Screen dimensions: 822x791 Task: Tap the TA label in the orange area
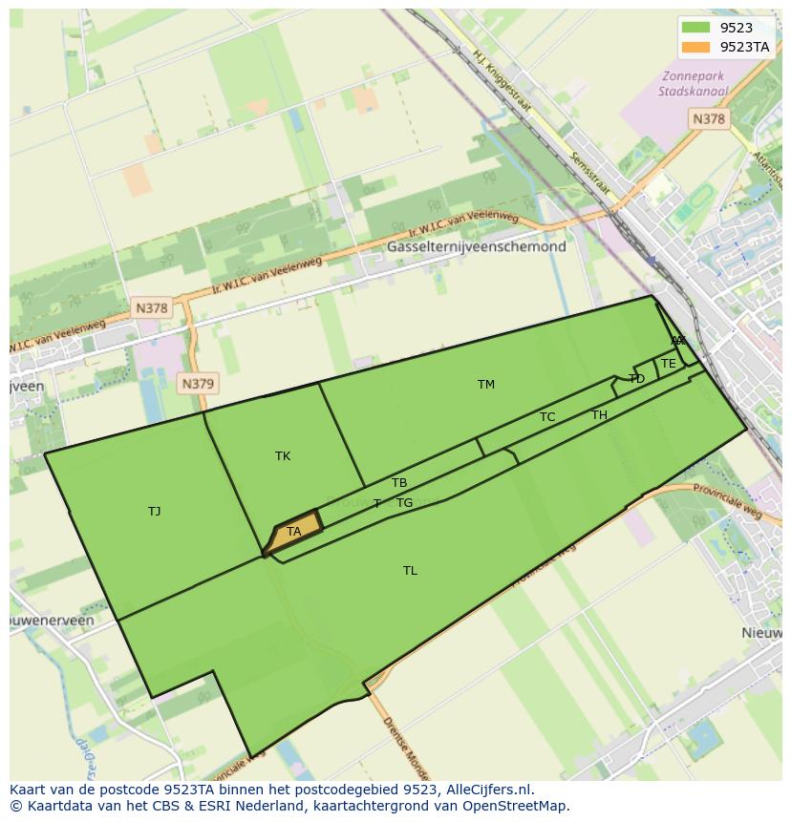tap(294, 532)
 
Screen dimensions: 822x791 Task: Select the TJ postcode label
tap(155, 512)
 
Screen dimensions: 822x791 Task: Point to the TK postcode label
tap(283, 456)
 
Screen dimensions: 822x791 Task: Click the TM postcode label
tap(486, 385)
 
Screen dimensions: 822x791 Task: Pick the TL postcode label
tap(410, 571)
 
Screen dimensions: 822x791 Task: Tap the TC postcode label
tap(547, 417)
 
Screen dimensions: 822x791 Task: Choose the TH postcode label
tap(599, 415)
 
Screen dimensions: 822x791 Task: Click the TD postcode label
tap(637, 379)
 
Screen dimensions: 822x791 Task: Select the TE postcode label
tap(669, 364)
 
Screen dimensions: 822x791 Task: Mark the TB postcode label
tap(399, 483)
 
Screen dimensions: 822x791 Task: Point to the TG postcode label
tap(405, 503)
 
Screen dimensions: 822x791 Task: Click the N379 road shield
tap(198, 384)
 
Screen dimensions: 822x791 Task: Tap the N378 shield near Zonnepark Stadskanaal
tap(708, 118)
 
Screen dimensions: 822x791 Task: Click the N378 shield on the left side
tap(151, 308)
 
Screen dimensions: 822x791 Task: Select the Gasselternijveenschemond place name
tap(477, 246)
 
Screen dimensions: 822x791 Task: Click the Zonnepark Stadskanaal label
tap(693, 84)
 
